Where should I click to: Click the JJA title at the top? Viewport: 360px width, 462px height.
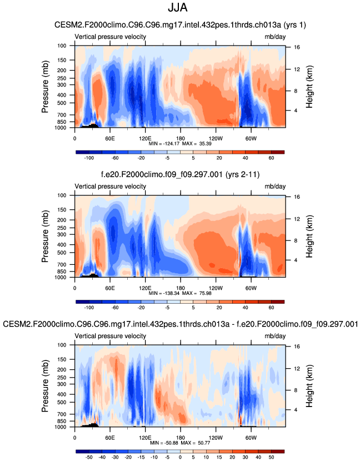180,9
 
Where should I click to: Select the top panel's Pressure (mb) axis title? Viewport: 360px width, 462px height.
45,88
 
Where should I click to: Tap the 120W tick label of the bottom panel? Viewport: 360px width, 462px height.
216,437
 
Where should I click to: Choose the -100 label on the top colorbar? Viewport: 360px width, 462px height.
87,158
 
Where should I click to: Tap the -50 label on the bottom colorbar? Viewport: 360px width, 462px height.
87,458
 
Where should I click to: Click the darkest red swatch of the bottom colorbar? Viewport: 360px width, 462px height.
278,450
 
